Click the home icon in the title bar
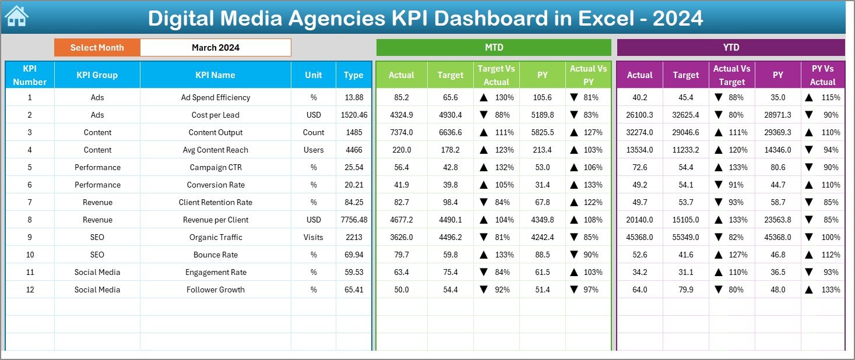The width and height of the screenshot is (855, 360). (x=16, y=16)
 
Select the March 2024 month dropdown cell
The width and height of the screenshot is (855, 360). (x=216, y=48)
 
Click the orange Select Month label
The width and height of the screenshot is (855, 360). (x=97, y=48)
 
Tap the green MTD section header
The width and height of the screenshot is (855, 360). (x=494, y=47)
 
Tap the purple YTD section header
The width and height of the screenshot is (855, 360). (x=731, y=47)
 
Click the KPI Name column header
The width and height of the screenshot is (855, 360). (x=216, y=75)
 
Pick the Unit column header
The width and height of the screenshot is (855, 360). (x=314, y=75)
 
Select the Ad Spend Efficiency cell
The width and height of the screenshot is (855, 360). (x=216, y=97)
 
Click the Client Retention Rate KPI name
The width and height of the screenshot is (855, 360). (x=216, y=202)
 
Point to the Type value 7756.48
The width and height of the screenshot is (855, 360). (x=354, y=220)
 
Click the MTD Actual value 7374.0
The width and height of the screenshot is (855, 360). (x=402, y=132)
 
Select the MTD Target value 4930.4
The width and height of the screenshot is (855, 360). (x=451, y=115)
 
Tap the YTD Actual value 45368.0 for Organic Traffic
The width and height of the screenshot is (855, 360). (x=639, y=237)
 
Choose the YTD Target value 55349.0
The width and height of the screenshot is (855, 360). (x=685, y=237)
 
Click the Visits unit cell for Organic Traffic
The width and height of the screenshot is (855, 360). (x=314, y=237)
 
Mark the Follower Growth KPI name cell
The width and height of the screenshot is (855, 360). (x=216, y=290)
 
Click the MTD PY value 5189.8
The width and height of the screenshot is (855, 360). (x=543, y=115)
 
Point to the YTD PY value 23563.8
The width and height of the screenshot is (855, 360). (x=777, y=220)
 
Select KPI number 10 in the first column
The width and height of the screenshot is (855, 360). (x=30, y=255)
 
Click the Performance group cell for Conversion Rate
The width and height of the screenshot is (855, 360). (x=97, y=185)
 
